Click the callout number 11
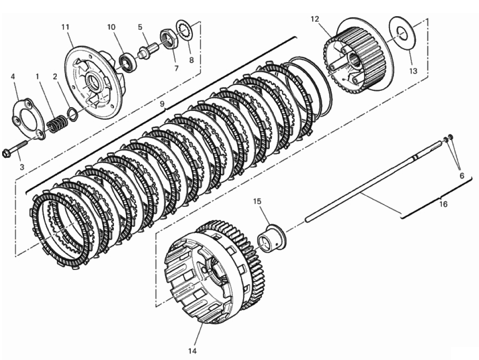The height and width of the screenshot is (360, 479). click(x=65, y=27)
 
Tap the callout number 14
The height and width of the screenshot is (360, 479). click(x=193, y=351)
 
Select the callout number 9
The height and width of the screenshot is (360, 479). click(x=163, y=104)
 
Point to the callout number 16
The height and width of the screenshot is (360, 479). click(x=443, y=203)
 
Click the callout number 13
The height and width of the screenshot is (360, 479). click(x=413, y=71)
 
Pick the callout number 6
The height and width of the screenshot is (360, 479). click(x=461, y=176)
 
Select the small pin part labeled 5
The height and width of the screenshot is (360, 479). click(x=147, y=50)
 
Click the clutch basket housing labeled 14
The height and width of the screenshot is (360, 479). click(x=217, y=272)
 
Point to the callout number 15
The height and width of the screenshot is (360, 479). click(x=257, y=201)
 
